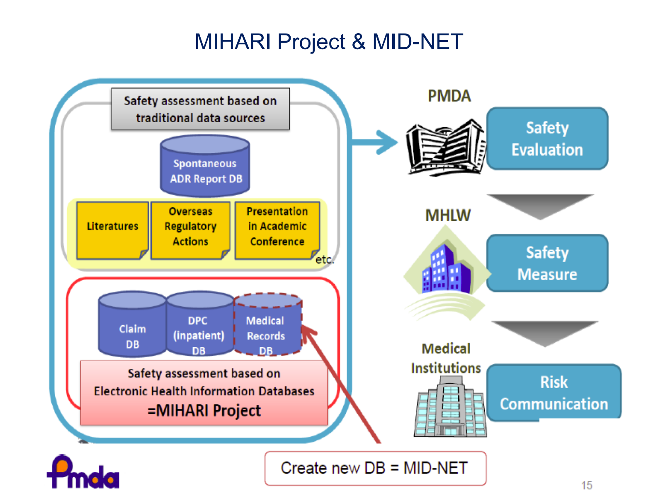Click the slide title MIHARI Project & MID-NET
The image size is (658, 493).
tap(328, 41)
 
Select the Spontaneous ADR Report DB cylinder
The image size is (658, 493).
tap(205, 167)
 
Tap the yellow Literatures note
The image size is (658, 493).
tap(112, 230)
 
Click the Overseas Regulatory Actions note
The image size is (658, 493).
tap(190, 230)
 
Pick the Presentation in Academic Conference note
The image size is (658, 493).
tap(277, 230)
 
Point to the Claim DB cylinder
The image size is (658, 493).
tap(132, 327)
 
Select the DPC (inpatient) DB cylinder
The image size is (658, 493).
tap(199, 327)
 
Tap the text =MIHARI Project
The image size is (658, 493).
tap(204, 411)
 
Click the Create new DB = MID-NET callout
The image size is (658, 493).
tap(375, 468)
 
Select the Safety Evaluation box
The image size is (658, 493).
tap(547, 139)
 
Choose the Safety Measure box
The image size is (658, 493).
tap(547, 263)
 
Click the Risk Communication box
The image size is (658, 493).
tap(554, 393)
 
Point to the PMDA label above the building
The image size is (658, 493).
tap(449, 96)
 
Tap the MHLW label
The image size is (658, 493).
tap(448, 215)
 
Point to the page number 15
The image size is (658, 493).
tap(587, 485)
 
